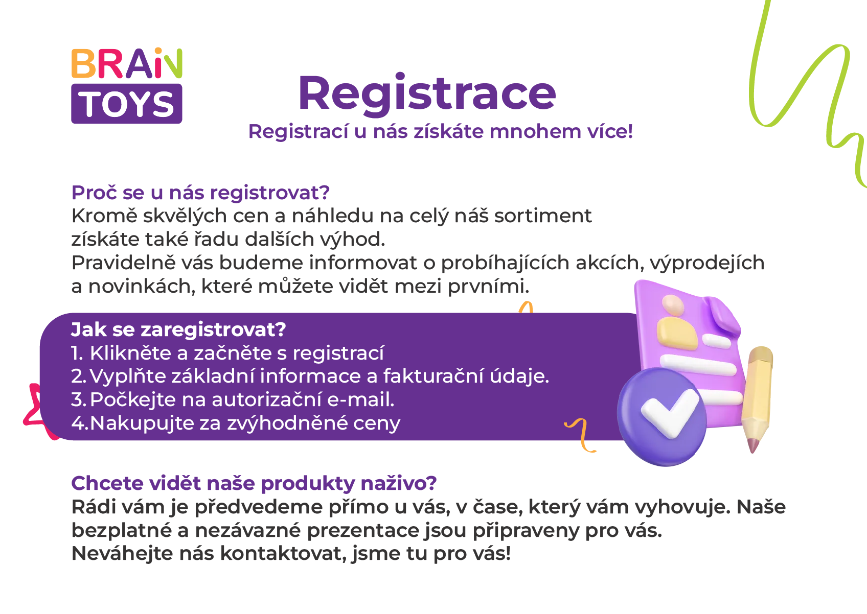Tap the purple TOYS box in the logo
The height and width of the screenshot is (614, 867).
(127, 104)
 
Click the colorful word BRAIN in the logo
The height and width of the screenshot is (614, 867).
(127, 63)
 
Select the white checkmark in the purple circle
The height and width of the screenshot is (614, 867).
(670, 413)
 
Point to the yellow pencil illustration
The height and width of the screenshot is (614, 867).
(758, 398)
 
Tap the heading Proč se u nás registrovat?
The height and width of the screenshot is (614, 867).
(200, 193)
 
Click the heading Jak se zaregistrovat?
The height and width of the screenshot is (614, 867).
(178, 329)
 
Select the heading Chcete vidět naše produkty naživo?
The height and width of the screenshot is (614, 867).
(254, 483)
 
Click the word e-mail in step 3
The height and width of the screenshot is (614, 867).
(361, 399)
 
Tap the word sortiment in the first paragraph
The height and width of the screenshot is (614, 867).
(543, 216)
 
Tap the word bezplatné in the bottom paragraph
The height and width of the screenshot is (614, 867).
(122, 530)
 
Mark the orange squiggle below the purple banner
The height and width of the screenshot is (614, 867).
(581, 435)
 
